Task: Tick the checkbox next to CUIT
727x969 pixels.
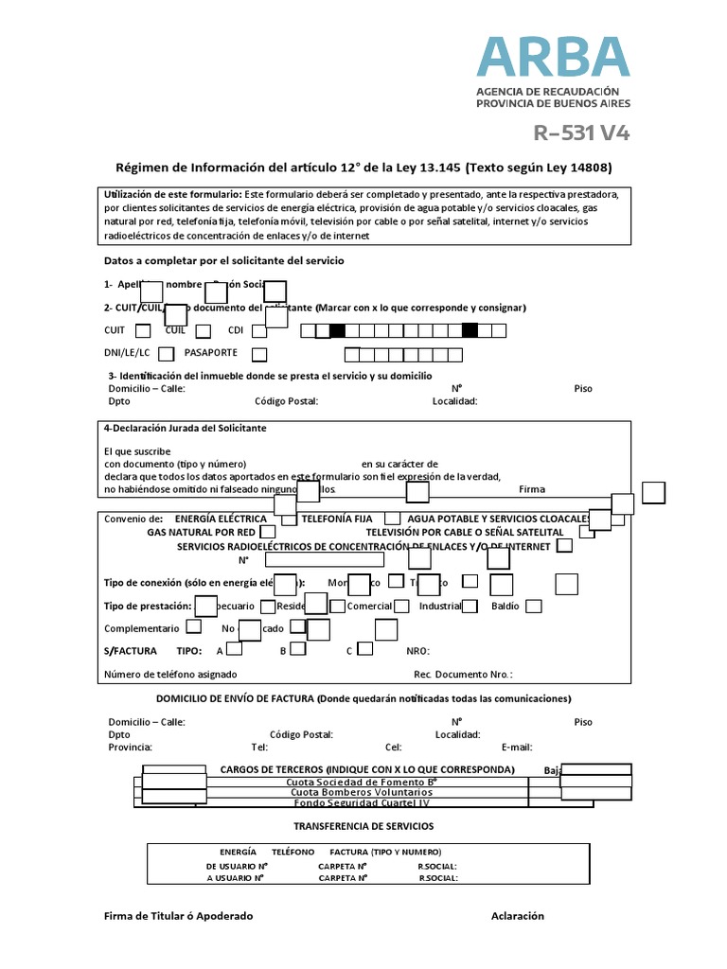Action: tap(143, 331)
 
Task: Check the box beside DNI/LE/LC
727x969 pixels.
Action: tap(167, 354)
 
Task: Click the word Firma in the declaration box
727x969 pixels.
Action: tap(532, 489)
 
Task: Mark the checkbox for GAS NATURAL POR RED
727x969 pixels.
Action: tap(268, 533)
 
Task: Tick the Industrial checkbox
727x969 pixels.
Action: tap(470, 607)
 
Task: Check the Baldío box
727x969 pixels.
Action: tap(534, 607)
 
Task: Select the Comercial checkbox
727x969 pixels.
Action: tap(402, 607)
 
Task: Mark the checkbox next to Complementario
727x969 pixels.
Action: tap(193, 627)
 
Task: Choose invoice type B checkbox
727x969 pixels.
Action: tap(297, 650)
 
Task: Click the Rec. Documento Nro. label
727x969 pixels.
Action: tap(463, 675)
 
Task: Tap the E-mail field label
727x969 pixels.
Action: tap(518, 747)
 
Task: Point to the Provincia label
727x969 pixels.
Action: tap(130, 747)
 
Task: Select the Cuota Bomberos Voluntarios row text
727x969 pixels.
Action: tap(359, 792)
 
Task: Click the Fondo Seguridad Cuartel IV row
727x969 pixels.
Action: tap(359, 802)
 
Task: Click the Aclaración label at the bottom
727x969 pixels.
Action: tap(518, 916)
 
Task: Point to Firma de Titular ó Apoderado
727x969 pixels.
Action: tap(178, 916)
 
